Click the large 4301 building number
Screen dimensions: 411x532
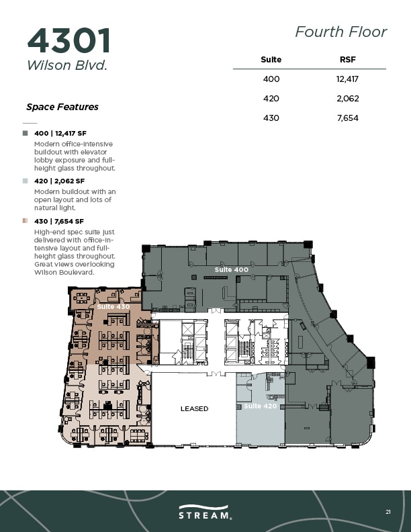click(69, 41)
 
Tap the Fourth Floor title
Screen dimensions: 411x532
click(340, 32)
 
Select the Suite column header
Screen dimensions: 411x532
click(271, 60)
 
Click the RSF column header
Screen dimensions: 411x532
click(348, 60)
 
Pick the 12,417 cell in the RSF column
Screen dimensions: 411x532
click(347, 79)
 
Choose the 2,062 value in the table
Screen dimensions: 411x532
click(348, 98)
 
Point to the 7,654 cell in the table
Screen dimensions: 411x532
click(348, 118)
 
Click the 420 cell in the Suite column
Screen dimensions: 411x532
click(271, 98)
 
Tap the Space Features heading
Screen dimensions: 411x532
click(62, 107)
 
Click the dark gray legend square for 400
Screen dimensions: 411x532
click(25, 134)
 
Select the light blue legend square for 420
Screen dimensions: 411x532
click(25, 181)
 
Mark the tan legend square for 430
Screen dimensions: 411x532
click(25, 221)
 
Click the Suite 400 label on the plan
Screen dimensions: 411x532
click(232, 270)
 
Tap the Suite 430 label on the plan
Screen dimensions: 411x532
click(113, 307)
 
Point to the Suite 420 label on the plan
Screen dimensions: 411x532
click(261, 406)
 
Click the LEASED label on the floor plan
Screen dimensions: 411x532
click(194, 409)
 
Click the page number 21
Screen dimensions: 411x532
click(388, 512)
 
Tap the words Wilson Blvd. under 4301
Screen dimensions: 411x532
click(67, 65)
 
